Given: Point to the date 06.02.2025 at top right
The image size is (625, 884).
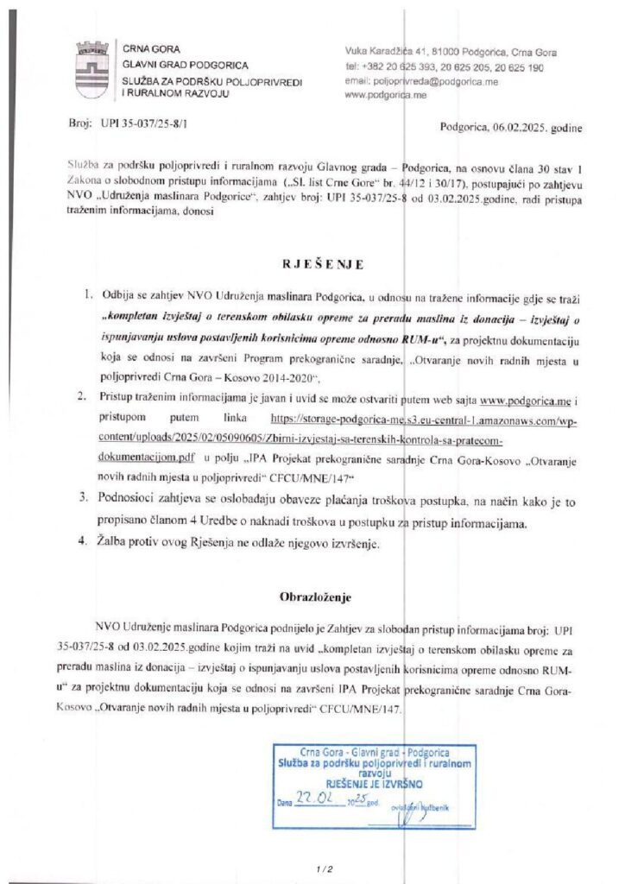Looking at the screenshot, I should pos(509,128).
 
